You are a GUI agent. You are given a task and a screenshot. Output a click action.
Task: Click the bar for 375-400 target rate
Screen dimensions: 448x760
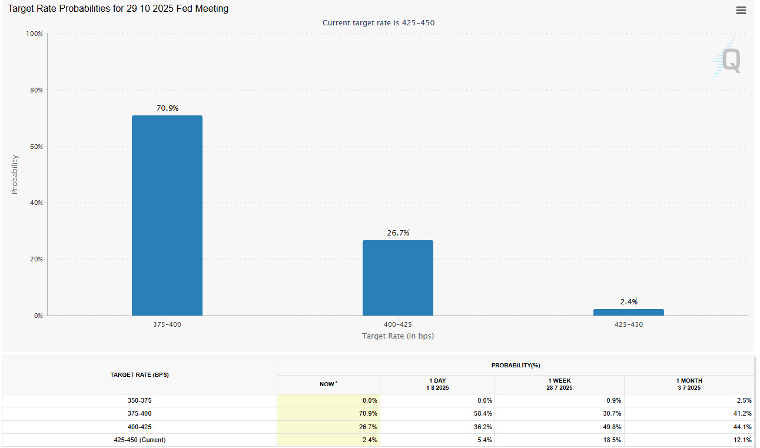167,215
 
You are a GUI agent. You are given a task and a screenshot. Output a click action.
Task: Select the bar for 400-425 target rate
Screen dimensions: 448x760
397,278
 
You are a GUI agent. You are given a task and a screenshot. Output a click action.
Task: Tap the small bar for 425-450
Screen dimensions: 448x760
628,312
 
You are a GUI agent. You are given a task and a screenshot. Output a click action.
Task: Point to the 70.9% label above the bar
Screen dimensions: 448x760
167,108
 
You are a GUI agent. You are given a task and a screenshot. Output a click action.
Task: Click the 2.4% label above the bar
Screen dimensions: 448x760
628,302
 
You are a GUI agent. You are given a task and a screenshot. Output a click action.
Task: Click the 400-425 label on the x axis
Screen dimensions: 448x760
397,324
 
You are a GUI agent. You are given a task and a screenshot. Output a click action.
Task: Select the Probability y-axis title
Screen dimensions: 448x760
15,174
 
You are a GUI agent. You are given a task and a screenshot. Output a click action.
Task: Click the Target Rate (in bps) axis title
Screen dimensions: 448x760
397,336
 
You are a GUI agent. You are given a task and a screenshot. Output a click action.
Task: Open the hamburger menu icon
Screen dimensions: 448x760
741,10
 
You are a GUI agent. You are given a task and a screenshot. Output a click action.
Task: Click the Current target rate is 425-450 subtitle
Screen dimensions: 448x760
379,23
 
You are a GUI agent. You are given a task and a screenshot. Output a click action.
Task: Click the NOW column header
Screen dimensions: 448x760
328,384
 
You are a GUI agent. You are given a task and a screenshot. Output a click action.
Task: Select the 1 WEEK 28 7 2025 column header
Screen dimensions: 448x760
559,384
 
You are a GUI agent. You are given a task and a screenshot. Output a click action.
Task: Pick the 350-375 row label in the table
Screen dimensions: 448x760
140,400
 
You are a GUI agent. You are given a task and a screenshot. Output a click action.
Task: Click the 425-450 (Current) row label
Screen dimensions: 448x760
140,440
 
